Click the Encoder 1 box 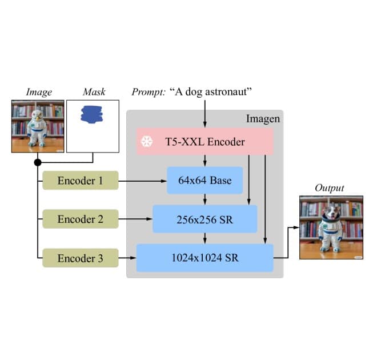pyautogui.click(x=80, y=181)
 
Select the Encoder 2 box pyautogui.click(x=80, y=219)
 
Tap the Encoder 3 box pyautogui.click(x=80, y=258)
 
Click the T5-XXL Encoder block pyautogui.click(x=205, y=142)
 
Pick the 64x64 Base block pyautogui.click(x=205, y=181)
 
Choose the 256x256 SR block pyautogui.click(x=205, y=219)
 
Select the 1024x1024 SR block pyautogui.click(x=205, y=258)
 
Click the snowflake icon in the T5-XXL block pyautogui.click(x=147, y=142)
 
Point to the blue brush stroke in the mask pyautogui.click(x=92, y=114)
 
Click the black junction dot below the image pyautogui.click(x=38, y=163)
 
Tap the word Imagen pyautogui.click(x=263, y=119)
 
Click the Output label pyautogui.click(x=330, y=188)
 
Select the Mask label pyautogui.click(x=94, y=91)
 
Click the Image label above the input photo pyautogui.click(x=38, y=91)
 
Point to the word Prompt pyautogui.click(x=148, y=91)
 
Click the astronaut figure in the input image pyautogui.click(x=37, y=127)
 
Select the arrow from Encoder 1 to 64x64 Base pyautogui.click(x=142, y=182)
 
